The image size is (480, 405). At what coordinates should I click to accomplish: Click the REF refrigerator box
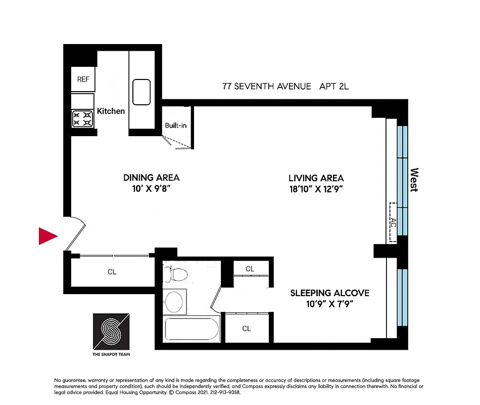click(x=83, y=79)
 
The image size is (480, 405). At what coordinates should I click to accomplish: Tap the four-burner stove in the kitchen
click(x=83, y=118)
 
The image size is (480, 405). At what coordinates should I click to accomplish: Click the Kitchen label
click(x=111, y=111)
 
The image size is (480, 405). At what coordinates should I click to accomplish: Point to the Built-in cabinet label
click(x=176, y=125)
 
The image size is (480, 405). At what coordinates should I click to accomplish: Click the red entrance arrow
click(x=48, y=236)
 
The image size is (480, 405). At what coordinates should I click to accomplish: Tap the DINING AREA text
click(x=151, y=178)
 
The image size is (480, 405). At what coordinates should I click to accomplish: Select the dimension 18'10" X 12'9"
click(x=316, y=189)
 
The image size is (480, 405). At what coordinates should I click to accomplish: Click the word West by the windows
click(x=414, y=180)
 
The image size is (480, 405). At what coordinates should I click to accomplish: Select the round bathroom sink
click(x=175, y=302)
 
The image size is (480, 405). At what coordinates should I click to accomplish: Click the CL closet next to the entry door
click(x=112, y=272)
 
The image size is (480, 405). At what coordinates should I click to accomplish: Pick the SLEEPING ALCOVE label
click(x=329, y=293)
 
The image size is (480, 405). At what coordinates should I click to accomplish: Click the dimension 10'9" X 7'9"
click(x=329, y=304)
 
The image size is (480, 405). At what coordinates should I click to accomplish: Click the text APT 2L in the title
click(x=334, y=87)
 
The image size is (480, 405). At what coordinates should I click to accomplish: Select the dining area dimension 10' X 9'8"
click(x=151, y=189)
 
